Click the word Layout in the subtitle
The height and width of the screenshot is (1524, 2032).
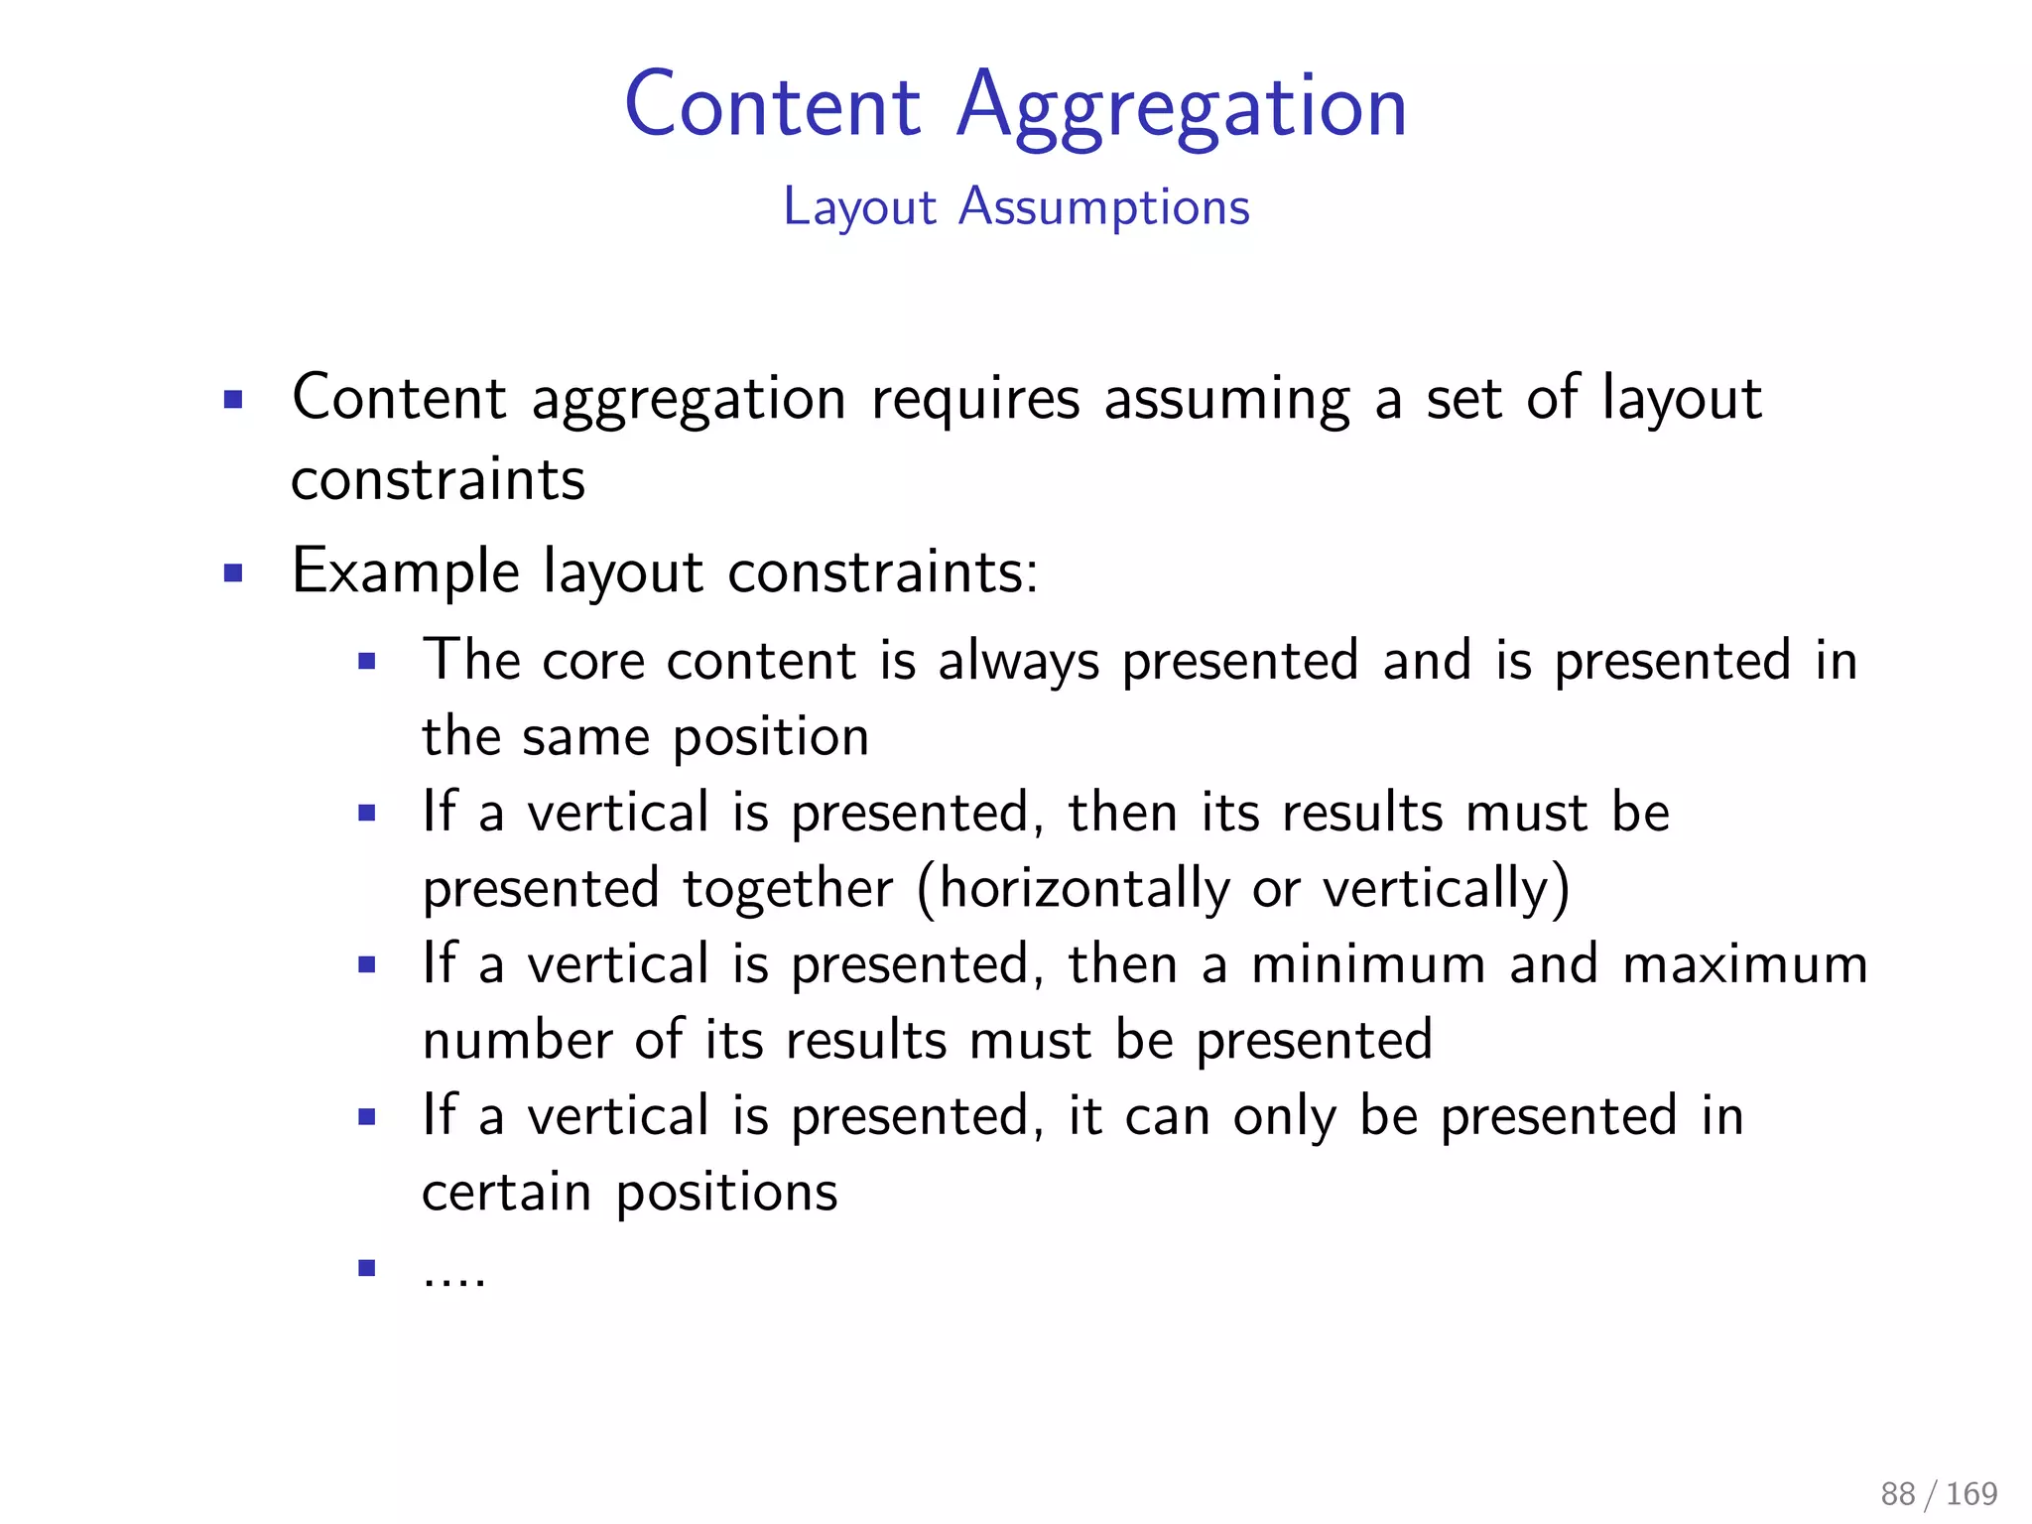click(x=859, y=208)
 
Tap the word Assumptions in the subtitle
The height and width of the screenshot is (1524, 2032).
click(x=1103, y=208)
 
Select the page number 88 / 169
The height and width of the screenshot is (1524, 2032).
click(x=1939, y=1493)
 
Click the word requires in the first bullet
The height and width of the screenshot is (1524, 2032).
click(x=975, y=399)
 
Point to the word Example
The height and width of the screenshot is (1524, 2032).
click(x=405, y=572)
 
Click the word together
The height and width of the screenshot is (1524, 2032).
click(x=788, y=889)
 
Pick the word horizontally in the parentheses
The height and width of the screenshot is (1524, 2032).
click(x=1084, y=889)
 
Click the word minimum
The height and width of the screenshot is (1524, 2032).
click(x=1368, y=964)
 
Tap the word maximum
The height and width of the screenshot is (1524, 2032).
click(x=1745, y=964)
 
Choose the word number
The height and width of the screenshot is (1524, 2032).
click(x=517, y=1040)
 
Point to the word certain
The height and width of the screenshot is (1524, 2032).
click(x=506, y=1192)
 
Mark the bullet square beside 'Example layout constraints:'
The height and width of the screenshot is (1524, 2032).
click(x=233, y=572)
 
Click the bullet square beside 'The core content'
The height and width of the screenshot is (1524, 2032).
click(x=367, y=662)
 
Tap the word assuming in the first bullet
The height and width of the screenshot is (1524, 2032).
click(x=1227, y=401)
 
